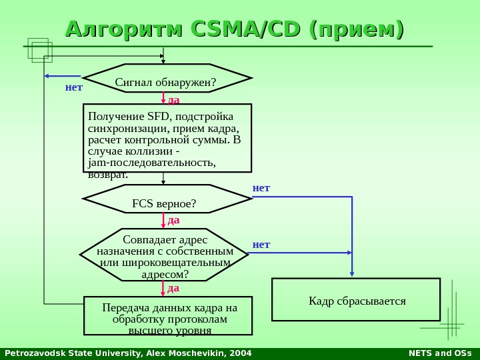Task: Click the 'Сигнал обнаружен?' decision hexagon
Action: [167, 81]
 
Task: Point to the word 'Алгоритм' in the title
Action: [123, 29]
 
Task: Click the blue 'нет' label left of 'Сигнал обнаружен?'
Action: [73, 87]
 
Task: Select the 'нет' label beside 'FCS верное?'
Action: [261, 189]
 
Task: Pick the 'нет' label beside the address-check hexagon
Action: [261, 245]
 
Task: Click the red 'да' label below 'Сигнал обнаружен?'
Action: [173, 100]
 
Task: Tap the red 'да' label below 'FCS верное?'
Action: [173, 219]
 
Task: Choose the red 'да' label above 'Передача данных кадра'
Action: [173, 288]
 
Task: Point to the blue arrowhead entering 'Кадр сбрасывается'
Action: [352, 274]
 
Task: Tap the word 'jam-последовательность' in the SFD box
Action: [152, 163]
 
